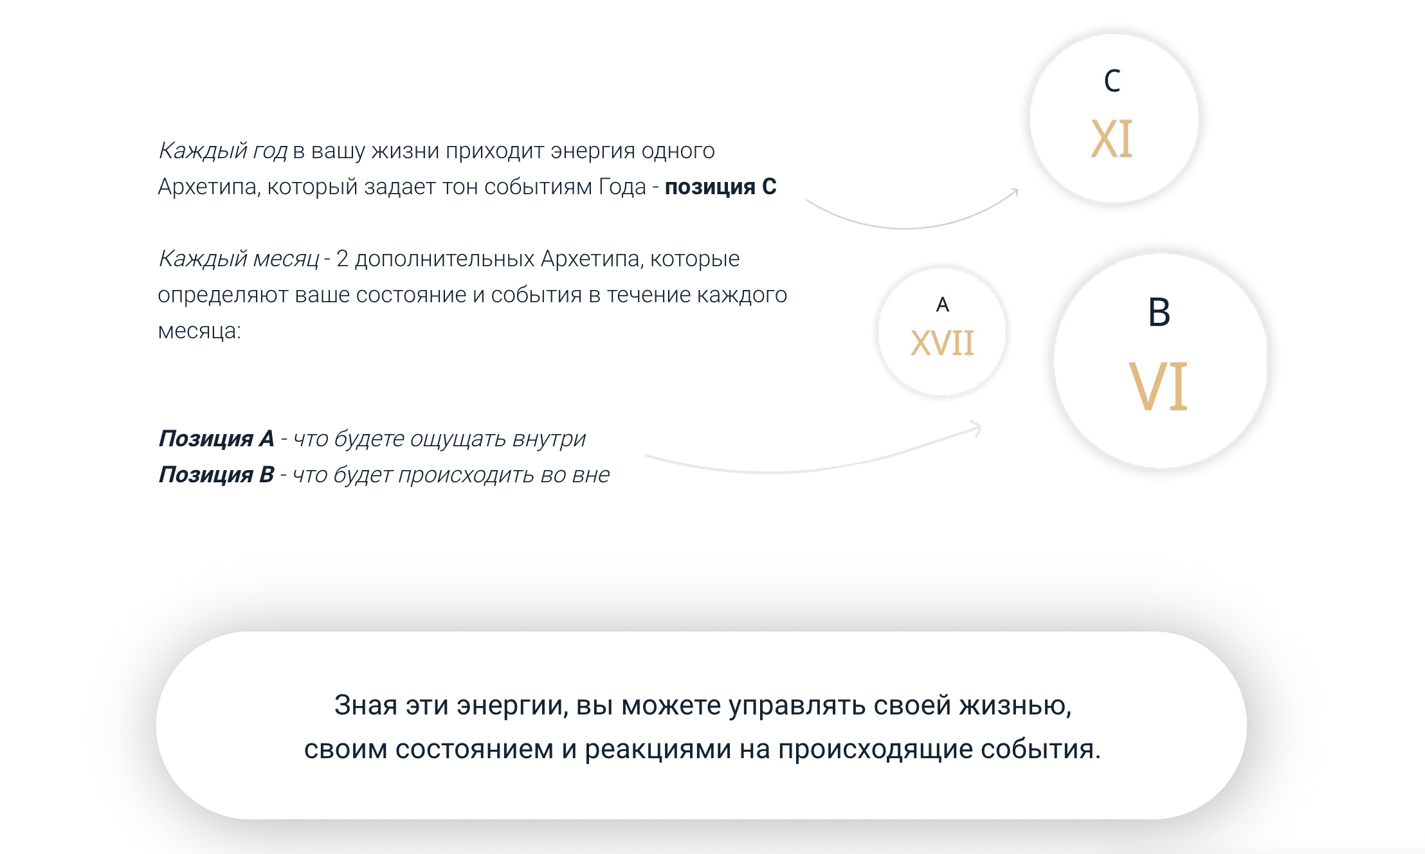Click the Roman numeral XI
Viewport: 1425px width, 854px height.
click(1112, 139)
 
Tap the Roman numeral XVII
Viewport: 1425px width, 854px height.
click(942, 343)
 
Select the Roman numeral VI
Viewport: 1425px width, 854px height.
click(1158, 386)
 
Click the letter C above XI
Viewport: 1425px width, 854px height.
click(1112, 81)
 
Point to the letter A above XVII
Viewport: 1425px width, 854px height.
click(943, 304)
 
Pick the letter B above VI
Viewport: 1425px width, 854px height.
click(1159, 313)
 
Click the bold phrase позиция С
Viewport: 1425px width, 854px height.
click(720, 187)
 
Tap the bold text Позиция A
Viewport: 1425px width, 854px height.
click(216, 439)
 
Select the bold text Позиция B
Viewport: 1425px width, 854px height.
click(216, 475)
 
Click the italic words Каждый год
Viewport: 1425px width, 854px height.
click(222, 151)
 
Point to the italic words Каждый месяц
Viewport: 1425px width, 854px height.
click(238, 259)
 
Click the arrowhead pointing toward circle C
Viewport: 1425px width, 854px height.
click(1015, 192)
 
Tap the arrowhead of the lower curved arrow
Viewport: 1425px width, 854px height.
click(977, 427)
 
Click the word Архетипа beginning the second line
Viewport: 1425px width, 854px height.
click(208, 187)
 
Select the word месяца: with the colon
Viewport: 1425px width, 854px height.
click(199, 331)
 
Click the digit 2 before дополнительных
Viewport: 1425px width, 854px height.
click(342, 259)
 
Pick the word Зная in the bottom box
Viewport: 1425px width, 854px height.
click(365, 705)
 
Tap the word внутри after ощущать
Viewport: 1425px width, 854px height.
click(549, 439)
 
